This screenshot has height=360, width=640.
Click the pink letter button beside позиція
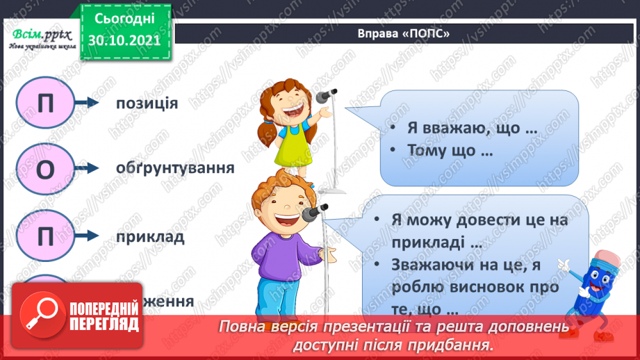pos(45,103)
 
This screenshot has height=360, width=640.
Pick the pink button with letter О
pos(45,169)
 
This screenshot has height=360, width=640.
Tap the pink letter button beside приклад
pos(45,236)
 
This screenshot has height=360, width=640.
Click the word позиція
pos(147,104)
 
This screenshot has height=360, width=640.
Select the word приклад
pos(151,236)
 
